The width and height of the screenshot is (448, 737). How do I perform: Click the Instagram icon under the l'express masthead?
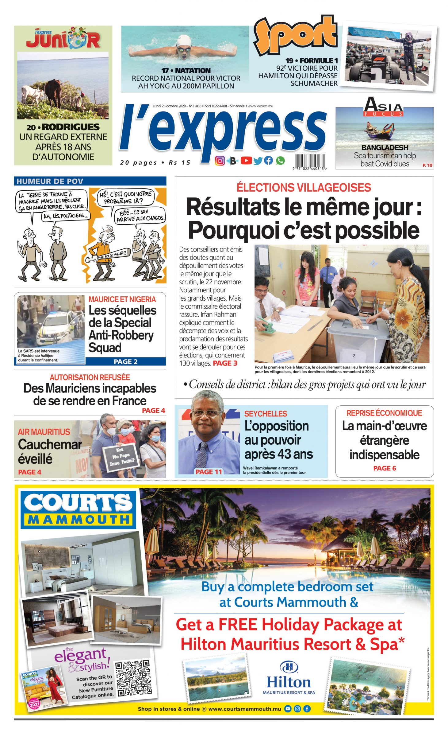pos(220,161)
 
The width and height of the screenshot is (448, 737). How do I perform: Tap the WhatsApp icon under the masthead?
pos(280,160)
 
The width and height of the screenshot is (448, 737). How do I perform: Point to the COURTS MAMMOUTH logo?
pos(78,509)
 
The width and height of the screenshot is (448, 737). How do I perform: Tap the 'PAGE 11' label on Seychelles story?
pos(209,472)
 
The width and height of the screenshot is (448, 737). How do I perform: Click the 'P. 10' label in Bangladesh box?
pos(427,165)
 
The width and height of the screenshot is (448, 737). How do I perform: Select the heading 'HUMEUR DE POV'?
pos(50,181)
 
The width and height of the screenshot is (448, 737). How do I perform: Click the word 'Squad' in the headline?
pos(105,348)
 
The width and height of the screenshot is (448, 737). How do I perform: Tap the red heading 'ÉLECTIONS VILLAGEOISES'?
pos(304,187)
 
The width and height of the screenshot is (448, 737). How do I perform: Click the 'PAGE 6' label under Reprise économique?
pos(385,468)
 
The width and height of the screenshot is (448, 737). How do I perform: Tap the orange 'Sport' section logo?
pos(295,35)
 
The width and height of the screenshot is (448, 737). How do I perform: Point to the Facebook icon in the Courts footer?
pos(307,709)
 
